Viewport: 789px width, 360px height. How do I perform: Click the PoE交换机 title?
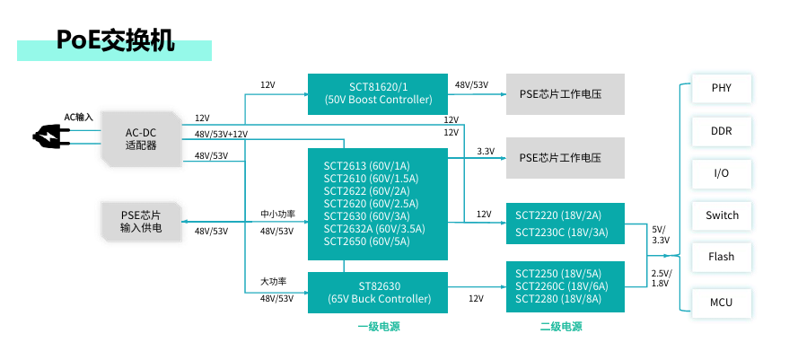115,40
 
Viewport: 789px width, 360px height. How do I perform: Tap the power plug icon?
46,136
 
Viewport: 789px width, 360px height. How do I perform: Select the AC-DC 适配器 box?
141,139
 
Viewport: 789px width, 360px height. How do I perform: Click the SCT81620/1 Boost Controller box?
378,93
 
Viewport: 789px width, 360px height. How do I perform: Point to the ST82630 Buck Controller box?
378,293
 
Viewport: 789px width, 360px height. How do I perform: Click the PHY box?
721,89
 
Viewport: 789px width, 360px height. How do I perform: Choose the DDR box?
721,131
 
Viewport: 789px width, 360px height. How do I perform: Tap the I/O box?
721,173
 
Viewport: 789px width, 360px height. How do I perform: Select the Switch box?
721,215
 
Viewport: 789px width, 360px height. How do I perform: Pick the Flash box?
721,258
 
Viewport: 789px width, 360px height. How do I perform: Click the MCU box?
721,303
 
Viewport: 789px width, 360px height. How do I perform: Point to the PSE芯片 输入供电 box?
141,222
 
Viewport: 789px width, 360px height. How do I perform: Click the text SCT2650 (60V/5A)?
367,241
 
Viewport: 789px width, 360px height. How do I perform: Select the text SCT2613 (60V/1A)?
367,166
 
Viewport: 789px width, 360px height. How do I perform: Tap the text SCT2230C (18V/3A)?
562,233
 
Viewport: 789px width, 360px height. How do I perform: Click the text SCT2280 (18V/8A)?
558,299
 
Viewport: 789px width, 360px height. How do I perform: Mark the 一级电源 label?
379,328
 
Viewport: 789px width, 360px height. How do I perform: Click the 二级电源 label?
561,328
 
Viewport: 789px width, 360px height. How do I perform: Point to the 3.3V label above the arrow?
486,151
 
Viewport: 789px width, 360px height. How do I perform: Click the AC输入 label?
78,118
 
